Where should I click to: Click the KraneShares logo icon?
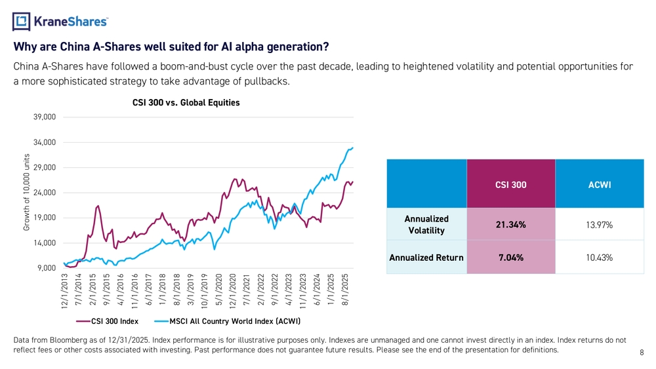click(22, 22)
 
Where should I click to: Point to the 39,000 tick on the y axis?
click(45, 117)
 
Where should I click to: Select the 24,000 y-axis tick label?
click(45, 193)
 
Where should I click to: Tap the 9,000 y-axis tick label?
click(47, 268)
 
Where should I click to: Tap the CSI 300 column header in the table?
click(510, 185)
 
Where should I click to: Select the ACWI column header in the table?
click(600, 185)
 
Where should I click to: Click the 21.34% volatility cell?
click(510, 225)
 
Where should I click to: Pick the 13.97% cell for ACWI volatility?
click(600, 225)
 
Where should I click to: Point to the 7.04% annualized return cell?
click(510, 258)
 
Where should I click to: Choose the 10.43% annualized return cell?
click(600, 258)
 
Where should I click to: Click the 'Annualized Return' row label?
click(426, 258)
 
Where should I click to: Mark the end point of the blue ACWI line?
click(353, 147)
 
